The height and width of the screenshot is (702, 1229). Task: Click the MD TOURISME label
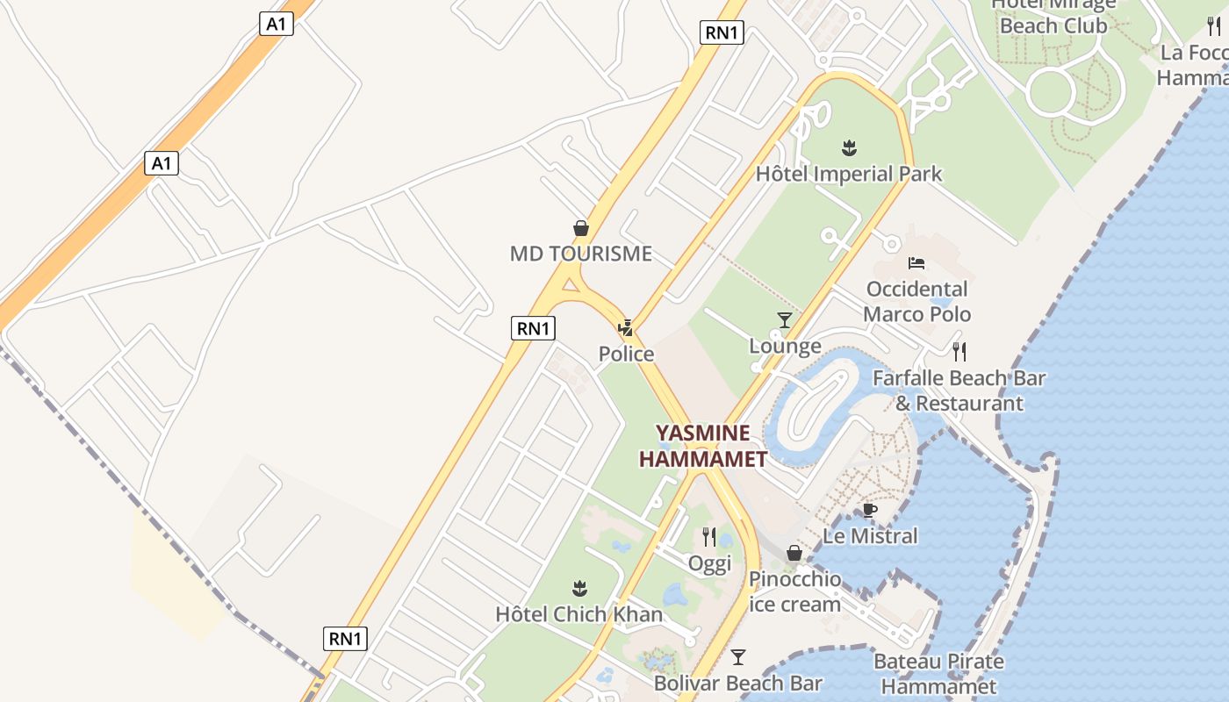pyautogui.click(x=581, y=254)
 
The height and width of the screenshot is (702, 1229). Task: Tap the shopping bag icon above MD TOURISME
pyautogui.click(x=581, y=228)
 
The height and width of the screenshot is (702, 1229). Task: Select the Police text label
pyautogui.click(x=626, y=354)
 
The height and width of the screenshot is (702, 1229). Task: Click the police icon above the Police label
pyautogui.click(x=626, y=329)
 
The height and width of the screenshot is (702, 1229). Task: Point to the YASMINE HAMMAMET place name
pyautogui.click(x=703, y=446)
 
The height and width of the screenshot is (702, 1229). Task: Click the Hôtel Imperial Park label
pyautogui.click(x=849, y=174)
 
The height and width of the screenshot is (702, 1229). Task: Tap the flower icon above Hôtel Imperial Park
pyautogui.click(x=849, y=147)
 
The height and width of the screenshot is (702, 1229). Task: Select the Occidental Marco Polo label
pyautogui.click(x=917, y=301)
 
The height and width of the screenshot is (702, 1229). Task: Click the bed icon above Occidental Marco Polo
pyautogui.click(x=916, y=262)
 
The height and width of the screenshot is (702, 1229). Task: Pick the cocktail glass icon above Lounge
pyautogui.click(x=785, y=320)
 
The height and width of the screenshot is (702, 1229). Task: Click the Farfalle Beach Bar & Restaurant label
pyautogui.click(x=959, y=390)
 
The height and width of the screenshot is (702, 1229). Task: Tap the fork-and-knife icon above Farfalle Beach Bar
pyautogui.click(x=959, y=352)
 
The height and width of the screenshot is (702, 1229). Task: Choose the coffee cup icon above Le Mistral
pyautogui.click(x=870, y=510)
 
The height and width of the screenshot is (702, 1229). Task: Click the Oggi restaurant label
pyautogui.click(x=709, y=563)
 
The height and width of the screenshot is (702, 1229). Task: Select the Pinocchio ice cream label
pyautogui.click(x=794, y=591)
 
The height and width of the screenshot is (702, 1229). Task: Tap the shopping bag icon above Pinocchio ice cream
pyautogui.click(x=794, y=553)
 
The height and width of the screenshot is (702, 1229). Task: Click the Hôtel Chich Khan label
pyautogui.click(x=579, y=613)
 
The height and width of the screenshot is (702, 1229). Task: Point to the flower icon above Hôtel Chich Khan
pyautogui.click(x=579, y=587)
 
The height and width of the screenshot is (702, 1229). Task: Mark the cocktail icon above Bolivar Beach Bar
pyautogui.click(x=738, y=657)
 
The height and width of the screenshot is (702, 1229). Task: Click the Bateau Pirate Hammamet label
pyautogui.click(x=938, y=673)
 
